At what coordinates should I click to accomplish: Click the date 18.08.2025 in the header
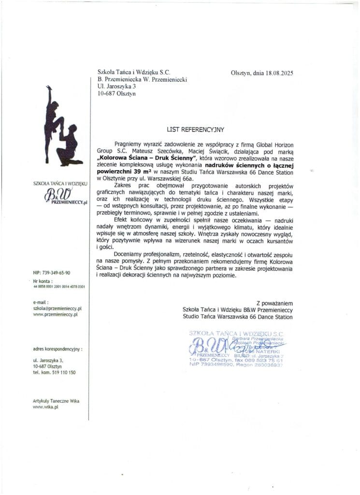(279, 73)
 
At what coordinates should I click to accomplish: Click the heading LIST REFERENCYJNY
(196, 130)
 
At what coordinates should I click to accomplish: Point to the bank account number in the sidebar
(59, 287)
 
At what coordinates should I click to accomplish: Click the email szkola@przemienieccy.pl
(57, 308)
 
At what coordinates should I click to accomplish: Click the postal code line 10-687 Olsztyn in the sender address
(116, 94)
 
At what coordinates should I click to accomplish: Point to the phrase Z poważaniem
(274, 303)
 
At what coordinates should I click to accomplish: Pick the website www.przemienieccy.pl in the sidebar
(55, 314)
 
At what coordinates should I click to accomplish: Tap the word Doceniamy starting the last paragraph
(129, 254)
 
